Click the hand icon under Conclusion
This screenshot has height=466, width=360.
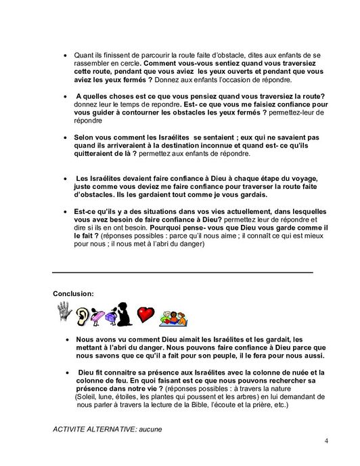(x=64, y=312)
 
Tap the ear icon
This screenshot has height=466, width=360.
(x=83, y=316)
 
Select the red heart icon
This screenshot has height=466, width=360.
(x=145, y=314)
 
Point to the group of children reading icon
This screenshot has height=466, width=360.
(x=173, y=316)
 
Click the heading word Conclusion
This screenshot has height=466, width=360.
(x=73, y=293)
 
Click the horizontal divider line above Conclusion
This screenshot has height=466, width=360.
(x=183, y=272)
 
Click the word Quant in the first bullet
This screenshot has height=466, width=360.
(x=83, y=55)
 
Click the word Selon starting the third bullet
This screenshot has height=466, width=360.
(x=85, y=137)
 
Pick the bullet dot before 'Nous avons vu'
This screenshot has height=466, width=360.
(x=66, y=340)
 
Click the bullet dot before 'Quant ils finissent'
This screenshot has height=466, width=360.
(x=64, y=56)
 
